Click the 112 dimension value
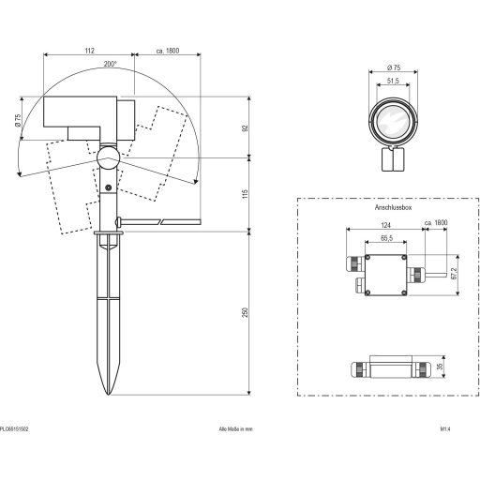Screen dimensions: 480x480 [89, 51]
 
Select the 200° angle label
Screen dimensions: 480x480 [111, 64]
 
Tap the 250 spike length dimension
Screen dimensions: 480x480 [246, 313]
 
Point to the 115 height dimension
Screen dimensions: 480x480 [246, 194]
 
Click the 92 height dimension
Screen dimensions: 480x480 [246, 127]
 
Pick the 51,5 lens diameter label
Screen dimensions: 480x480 [393, 81]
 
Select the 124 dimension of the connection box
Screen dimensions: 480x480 [386, 225]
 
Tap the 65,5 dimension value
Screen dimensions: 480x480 [386, 238]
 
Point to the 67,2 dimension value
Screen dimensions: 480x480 [455, 274]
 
